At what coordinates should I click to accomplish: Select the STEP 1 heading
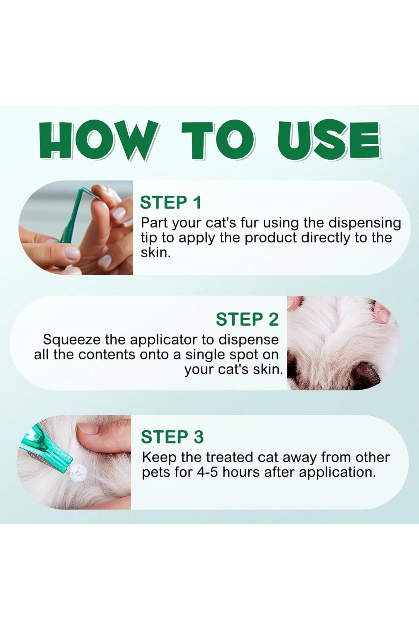[171, 203]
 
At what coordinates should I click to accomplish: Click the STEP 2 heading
[247, 319]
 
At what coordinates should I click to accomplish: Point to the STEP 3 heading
[172, 437]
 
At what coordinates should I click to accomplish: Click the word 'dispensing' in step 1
[365, 223]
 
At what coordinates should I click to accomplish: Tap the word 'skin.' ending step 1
[156, 253]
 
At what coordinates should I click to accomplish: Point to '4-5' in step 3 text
[208, 472]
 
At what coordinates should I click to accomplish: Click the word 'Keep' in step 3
[159, 458]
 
